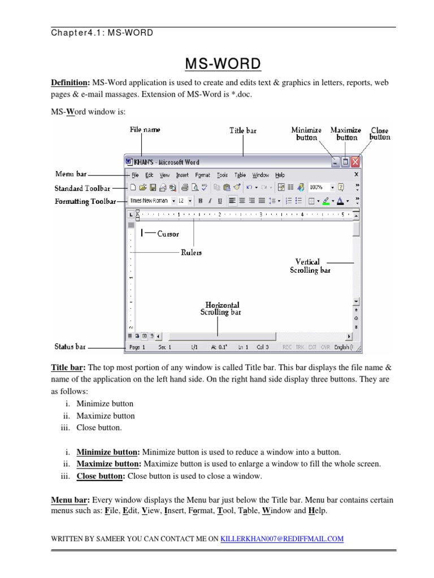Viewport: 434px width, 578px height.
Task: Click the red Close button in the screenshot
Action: coord(355,162)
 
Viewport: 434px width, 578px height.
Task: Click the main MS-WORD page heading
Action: coord(224,64)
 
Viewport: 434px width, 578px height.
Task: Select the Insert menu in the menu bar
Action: coord(182,176)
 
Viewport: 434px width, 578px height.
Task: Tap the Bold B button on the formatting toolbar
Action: coord(199,200)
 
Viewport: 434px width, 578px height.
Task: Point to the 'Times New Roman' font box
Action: coord(149,200)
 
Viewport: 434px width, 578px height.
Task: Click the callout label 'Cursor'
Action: coord(168,234)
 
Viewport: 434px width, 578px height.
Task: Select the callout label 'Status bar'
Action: coord(70,346)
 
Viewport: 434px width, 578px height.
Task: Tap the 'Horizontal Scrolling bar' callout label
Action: coord(222,308)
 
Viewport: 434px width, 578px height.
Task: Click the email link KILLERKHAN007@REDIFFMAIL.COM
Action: coord(282,539)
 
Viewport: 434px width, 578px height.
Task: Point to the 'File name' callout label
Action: coord(145,130)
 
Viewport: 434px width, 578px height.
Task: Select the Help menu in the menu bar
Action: coord(280,176)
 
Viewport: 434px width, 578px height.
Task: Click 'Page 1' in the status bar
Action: coord(137,347)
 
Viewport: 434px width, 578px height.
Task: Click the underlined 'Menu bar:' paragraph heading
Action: coord(70,500)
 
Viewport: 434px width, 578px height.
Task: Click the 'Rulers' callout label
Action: coord(191,253)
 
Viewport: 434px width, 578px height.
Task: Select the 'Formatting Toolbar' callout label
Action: coord(85,201)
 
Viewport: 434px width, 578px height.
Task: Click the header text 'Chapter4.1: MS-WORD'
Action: coord(102,33)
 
